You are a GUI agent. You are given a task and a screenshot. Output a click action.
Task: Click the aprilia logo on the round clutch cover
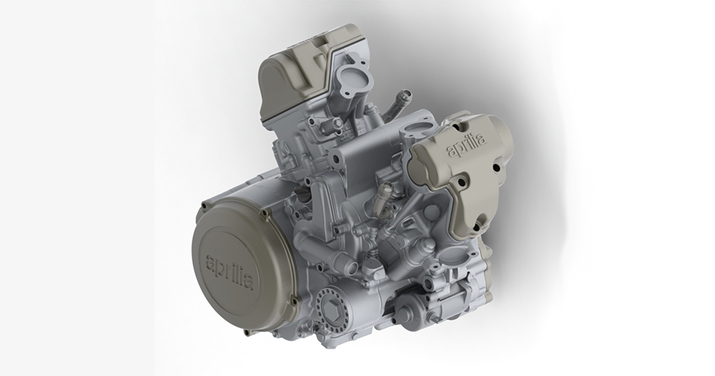pyautogui.click(x=230, y=272)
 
